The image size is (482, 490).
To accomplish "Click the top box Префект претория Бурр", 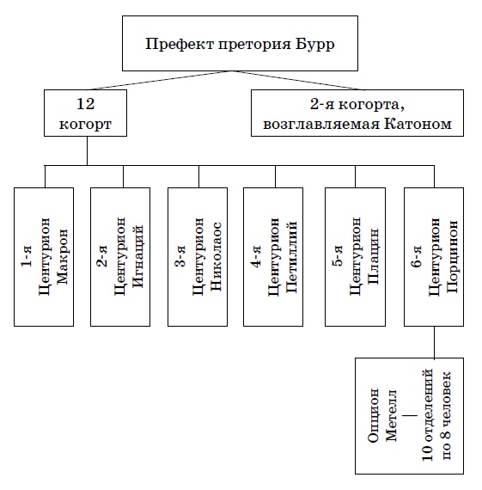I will [241, 44].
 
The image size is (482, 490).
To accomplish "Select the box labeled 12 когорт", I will [86, 113].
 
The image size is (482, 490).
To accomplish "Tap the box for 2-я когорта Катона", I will [363, 113].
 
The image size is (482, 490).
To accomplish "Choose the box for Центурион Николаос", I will [198, 255].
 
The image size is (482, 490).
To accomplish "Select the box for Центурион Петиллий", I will [275, 255].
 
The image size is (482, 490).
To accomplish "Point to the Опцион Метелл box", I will [409, 415].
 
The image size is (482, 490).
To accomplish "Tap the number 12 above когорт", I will [86, 104].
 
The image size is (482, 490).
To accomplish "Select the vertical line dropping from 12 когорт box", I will [86, 150].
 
